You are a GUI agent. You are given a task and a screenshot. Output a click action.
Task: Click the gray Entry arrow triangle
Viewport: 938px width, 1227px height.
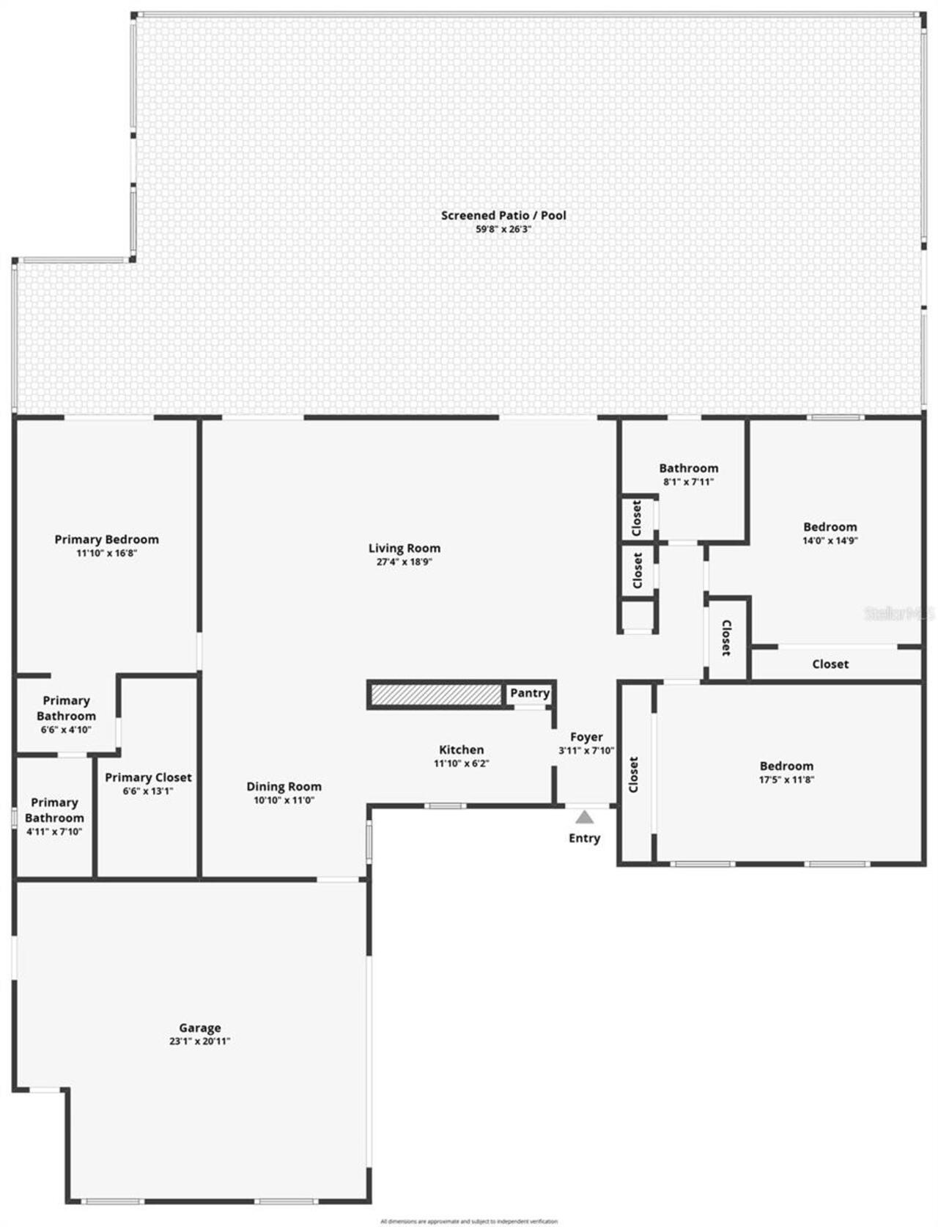point(584,817)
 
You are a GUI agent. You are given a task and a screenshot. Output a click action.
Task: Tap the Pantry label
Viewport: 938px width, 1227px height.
point(530,693)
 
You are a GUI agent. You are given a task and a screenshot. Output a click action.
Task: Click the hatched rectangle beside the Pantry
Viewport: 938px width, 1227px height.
point(435,695)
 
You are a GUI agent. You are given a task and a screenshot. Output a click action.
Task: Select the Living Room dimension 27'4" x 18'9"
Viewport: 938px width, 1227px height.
point(405,563)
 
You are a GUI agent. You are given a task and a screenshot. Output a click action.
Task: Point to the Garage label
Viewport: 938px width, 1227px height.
point(200,1028)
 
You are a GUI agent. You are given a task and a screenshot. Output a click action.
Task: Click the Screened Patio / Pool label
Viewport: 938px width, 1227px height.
point(503,216)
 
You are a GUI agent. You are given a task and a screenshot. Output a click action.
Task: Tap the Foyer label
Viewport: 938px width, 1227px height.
point(586,737)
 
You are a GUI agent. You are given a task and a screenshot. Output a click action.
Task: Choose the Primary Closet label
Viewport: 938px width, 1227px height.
point(148,777)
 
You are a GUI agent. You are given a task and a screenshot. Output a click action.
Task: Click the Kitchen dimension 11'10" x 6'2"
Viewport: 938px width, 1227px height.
point(461,763)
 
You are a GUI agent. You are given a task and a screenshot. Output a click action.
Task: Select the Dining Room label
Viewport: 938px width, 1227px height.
point(284,786)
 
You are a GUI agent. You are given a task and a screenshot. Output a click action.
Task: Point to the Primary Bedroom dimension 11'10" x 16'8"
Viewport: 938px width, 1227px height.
point(107,554)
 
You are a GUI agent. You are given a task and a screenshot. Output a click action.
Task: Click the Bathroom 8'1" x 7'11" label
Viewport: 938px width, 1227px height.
point(688,468)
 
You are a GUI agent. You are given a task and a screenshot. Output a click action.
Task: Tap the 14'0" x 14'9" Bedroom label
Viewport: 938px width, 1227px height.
point(830,527)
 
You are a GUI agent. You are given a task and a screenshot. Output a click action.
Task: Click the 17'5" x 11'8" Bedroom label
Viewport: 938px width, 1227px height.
point(786,766)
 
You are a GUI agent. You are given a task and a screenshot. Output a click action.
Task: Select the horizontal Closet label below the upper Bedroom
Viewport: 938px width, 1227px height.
point(830,664)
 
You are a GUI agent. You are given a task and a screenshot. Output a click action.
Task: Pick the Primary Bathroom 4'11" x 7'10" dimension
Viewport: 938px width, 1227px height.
point(54,832)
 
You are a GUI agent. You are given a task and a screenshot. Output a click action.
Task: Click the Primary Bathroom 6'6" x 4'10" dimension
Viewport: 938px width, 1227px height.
point(66,730)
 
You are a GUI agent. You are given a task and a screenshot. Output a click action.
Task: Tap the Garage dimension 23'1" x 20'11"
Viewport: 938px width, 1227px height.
point(200,1041)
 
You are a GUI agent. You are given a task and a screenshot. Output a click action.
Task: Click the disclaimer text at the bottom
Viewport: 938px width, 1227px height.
point(469,1221)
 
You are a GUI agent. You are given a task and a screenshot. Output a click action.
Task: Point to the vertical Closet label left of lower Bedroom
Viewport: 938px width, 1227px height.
point(635,774)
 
